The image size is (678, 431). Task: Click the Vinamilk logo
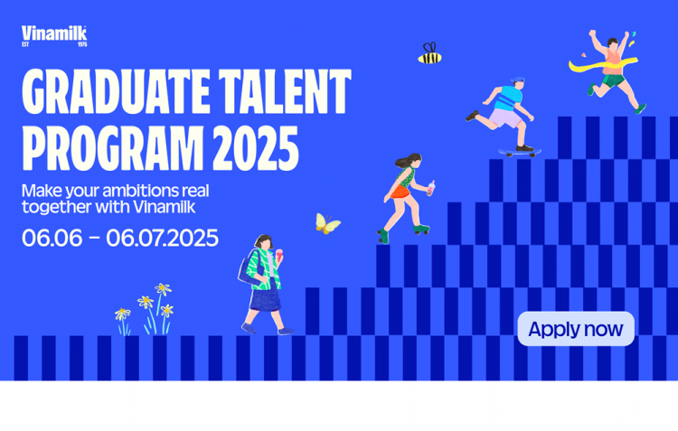(54, 36)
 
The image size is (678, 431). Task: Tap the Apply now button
(576, 329)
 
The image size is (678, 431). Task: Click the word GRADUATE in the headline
(116, 91)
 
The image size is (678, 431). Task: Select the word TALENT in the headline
(285, 91)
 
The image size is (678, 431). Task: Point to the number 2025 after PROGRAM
(256, 148)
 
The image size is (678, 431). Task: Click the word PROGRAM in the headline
(113, 148)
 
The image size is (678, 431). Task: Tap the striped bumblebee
(429, 53)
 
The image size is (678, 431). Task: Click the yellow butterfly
(327, 223)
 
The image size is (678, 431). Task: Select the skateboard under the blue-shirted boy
(519, 152)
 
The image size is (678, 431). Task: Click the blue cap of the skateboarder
(518, 80)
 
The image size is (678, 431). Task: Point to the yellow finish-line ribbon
(602, 65)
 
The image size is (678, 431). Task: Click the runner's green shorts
(613, 80)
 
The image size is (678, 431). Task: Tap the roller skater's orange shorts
(400, 192)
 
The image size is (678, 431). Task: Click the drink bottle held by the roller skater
(431, 188)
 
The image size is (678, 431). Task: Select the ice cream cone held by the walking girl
(279, 255)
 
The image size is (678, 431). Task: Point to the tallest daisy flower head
(163, 289)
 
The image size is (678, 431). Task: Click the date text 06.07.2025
(162, 239)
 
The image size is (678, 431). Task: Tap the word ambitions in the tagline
(140, 191)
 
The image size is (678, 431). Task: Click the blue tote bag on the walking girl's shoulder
(250, 270)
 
